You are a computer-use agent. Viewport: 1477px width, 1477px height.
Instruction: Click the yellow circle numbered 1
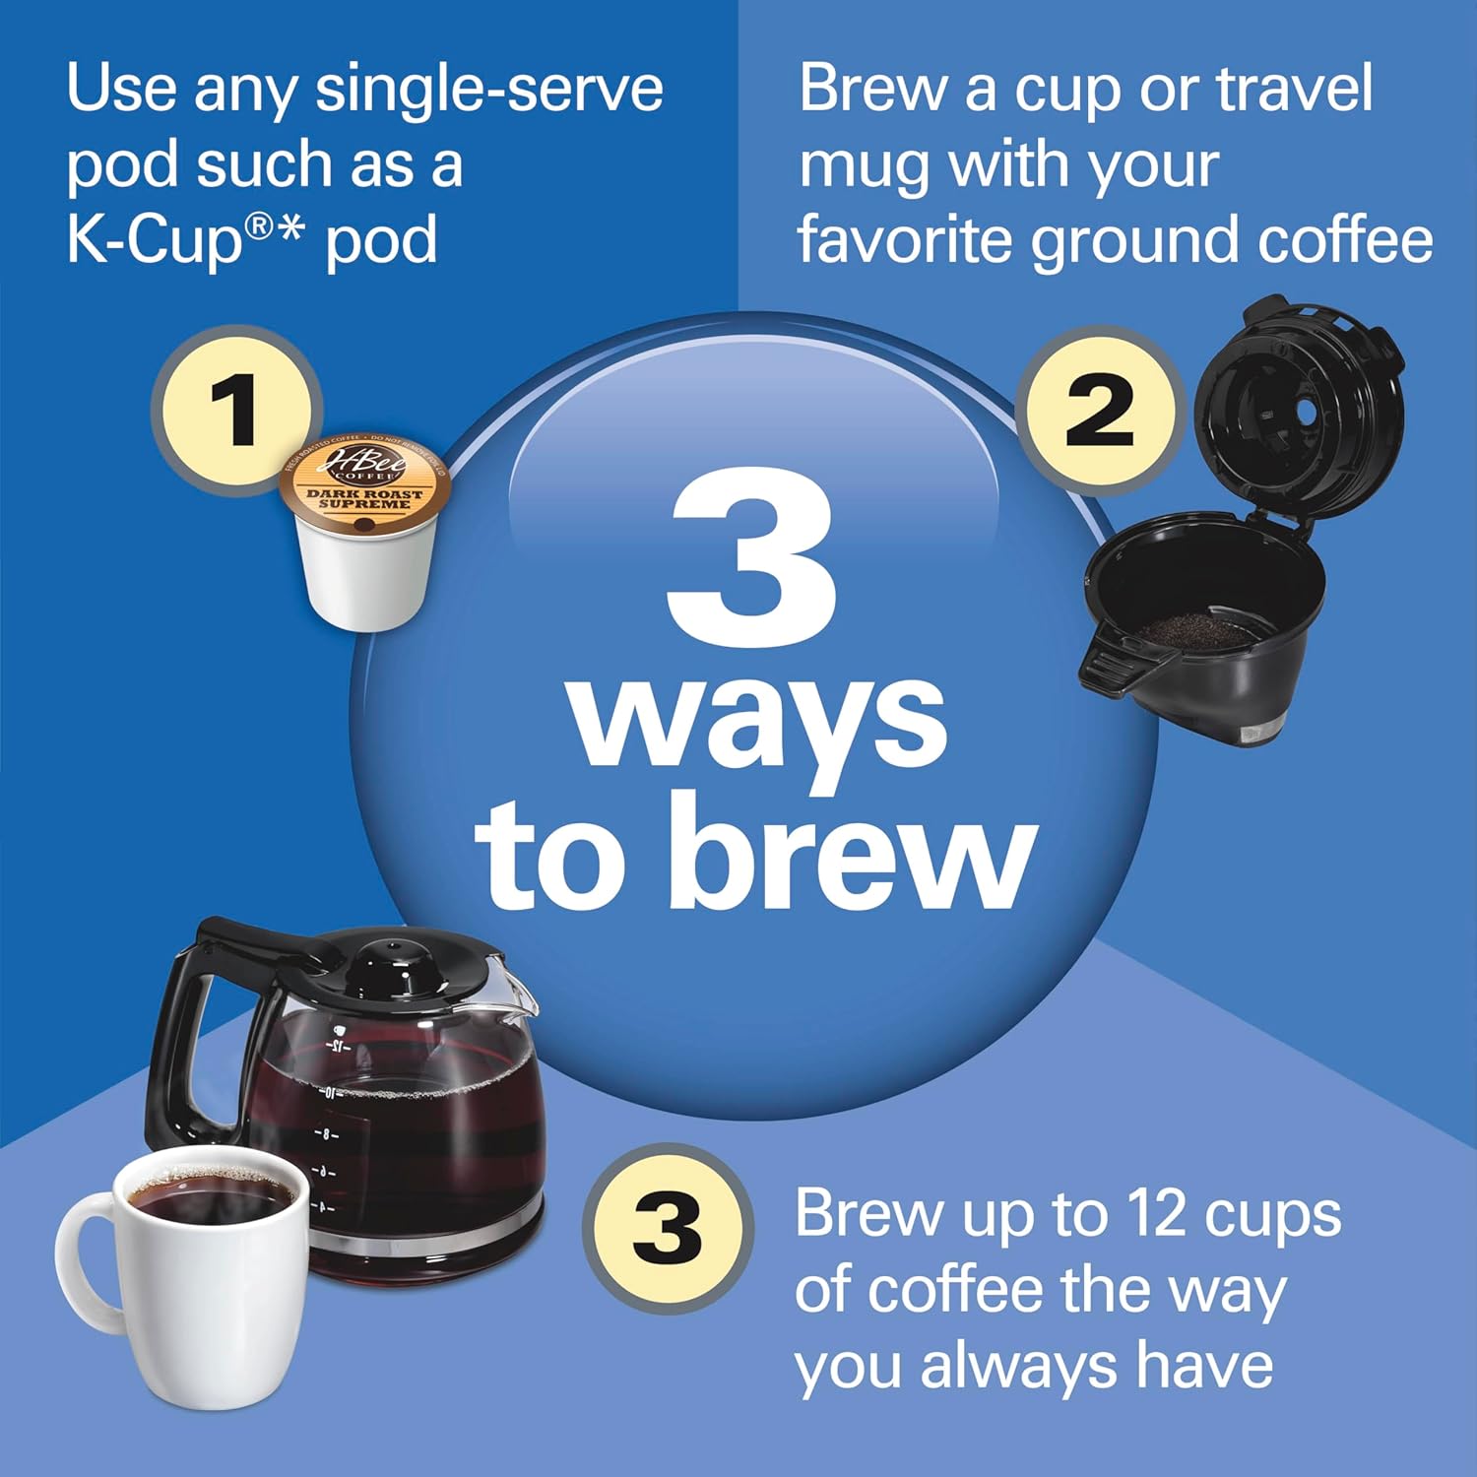tap(234, 410)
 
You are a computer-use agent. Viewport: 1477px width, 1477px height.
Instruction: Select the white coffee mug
tap(202, 1280)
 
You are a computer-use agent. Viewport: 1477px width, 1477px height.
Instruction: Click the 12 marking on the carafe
tap(337, 1046)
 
